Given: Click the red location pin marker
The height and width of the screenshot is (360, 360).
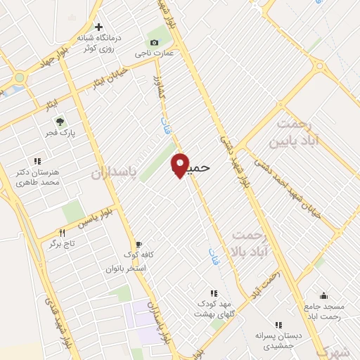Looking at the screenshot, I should tap(181, 165).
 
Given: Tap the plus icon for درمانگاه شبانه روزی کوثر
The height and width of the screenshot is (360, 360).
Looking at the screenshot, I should tap(98, 26).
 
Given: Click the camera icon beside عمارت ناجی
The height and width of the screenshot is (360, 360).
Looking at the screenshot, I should tap(154, 42).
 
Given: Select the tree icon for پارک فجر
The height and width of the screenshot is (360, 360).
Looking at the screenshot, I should tap(60, 121).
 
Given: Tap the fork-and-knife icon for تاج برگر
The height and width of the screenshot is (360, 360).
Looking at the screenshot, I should tap(62, 233).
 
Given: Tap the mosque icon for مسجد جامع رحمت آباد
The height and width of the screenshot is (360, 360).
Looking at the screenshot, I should tap(323, 296).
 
